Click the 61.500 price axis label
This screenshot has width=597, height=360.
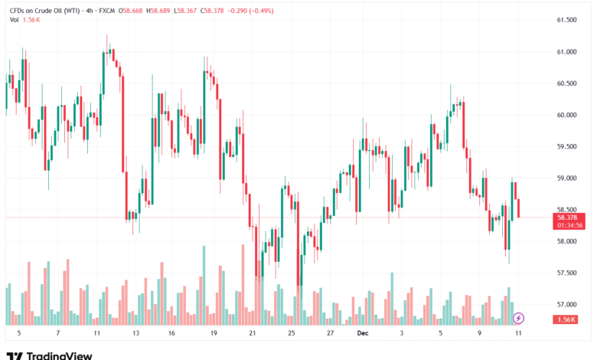[566, 20]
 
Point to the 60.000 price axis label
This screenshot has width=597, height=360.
[566, 115]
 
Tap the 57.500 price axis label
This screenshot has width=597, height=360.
[566, 273]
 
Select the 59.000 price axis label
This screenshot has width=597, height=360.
[566, 178]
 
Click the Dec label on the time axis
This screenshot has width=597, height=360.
[363, 334]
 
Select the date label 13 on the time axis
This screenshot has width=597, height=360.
[135, 334]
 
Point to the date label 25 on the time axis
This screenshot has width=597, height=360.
[292, 334]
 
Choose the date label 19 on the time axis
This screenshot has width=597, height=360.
[214, 334]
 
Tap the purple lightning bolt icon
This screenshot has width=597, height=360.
[518, 318]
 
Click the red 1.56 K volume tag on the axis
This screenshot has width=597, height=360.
[566, 319]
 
